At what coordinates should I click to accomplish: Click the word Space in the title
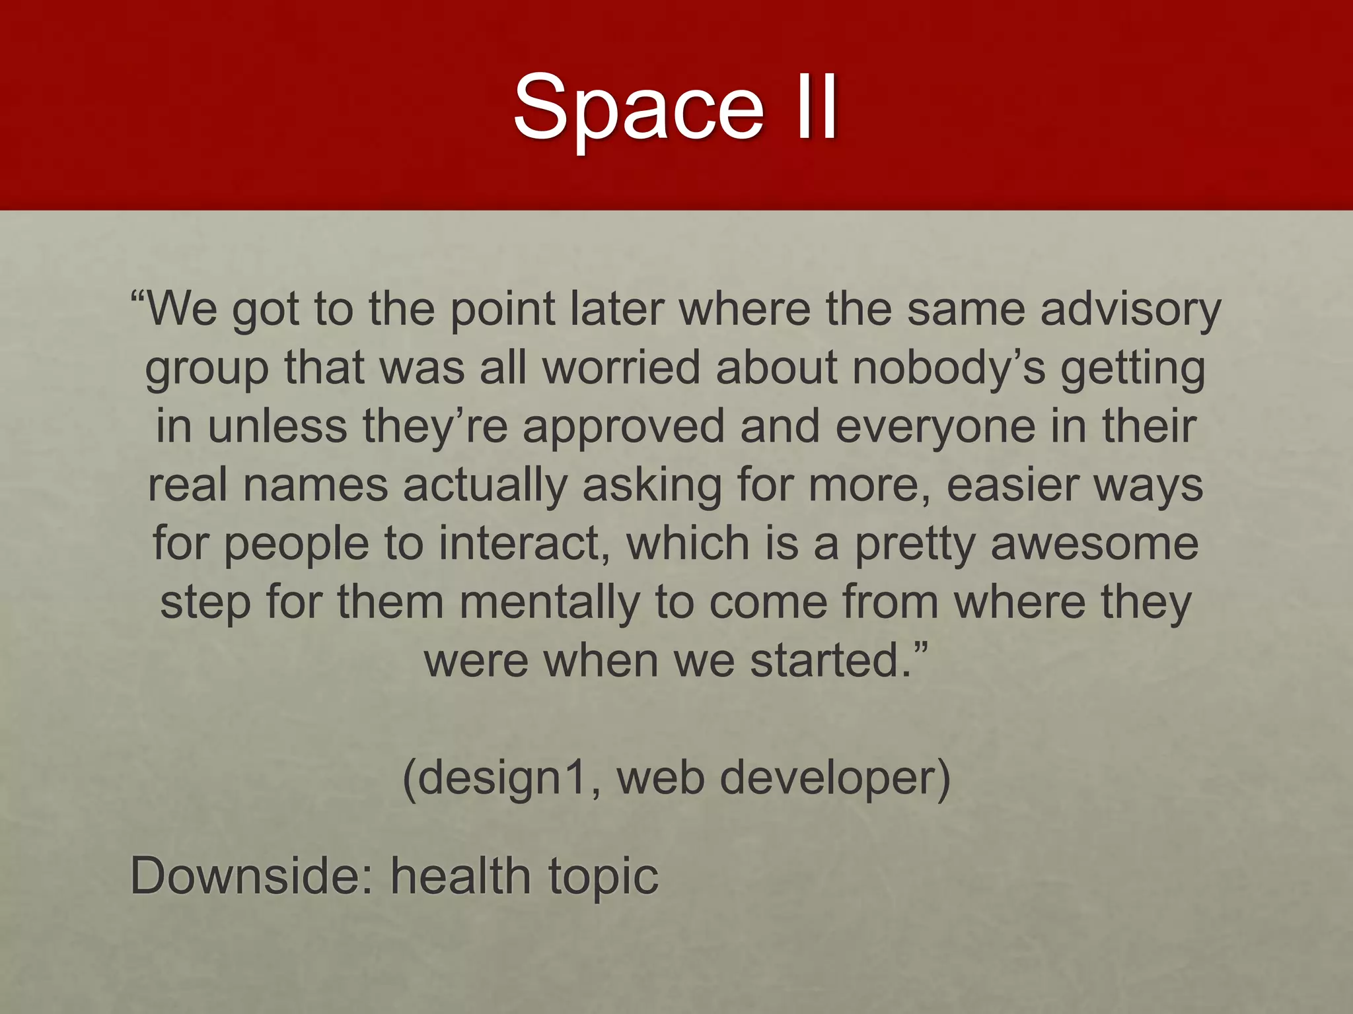click(638, 108)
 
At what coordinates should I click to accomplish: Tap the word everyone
click(935, 426)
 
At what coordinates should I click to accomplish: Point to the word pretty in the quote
click(915, 545)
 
